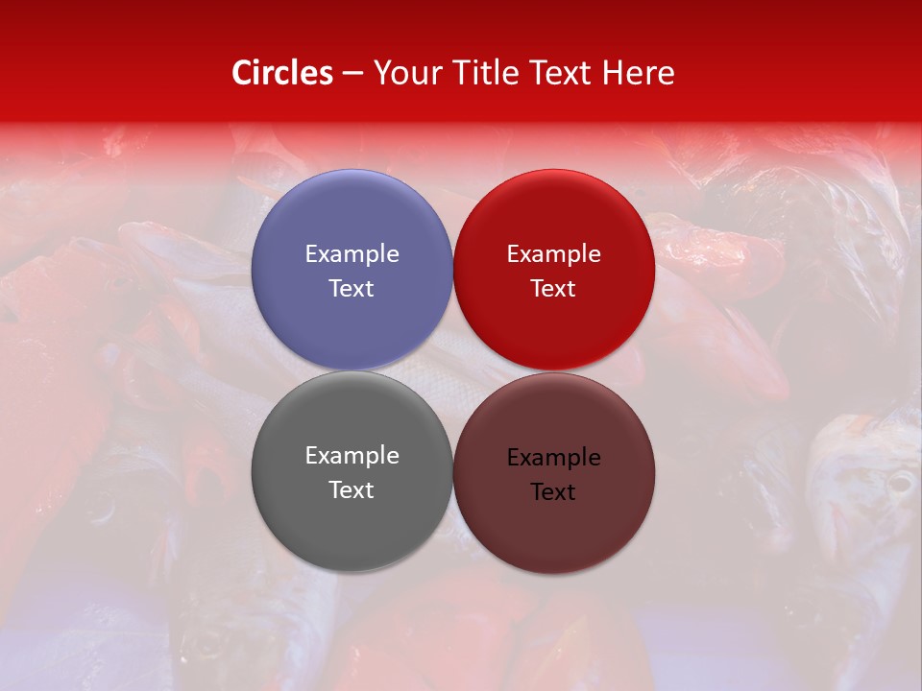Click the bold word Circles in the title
coord(282,73)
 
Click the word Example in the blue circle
coord(352,254)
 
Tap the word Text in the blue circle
coord(352,289)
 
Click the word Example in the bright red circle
coord(553,254)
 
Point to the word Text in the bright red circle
coord(553,289)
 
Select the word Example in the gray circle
coord(352,456)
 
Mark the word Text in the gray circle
coord(352,490)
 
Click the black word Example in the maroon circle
coord(553,458)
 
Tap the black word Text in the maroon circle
coord(553,492)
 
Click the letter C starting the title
coord(242,73)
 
